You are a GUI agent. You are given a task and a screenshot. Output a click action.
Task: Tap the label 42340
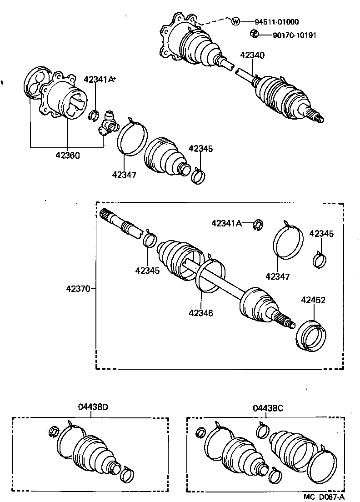pyautogui.click(x=252, y=55)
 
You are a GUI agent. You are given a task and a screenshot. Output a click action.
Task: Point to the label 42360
pyautogui.click(x=68, y=155)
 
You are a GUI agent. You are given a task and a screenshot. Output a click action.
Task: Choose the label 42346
pyautogui.click(x=200, y=313)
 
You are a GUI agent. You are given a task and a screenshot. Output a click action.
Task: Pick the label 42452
pyautogui.click(x=313, y=301)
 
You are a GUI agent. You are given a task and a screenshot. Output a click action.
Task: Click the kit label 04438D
pyautogui.click(x=93, y=407)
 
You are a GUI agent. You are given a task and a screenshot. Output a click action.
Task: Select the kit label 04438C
pyautogui.click(x=268, y=407)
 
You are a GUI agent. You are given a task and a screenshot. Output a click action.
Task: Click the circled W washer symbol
pyautogui.click(x=235, y=22)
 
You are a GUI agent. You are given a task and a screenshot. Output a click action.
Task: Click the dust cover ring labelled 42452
pyautogui.click(x=311, y=336)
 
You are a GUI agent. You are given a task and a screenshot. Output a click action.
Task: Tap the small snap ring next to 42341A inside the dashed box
pyautogui.click(x=258, y=224)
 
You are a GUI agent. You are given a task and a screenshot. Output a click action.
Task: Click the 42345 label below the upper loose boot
pyautogui.click(x=200, y=149)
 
